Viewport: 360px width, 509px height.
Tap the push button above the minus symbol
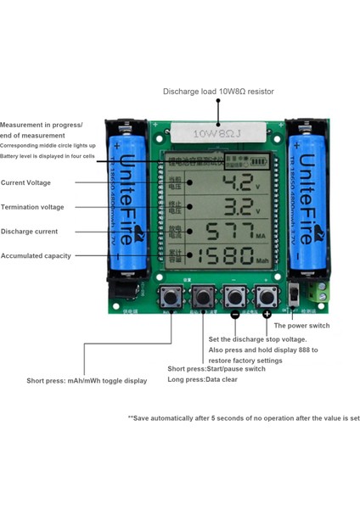point(234,296)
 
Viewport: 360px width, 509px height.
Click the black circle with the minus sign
point(234,314)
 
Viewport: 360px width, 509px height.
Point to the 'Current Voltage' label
point(25,182)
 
